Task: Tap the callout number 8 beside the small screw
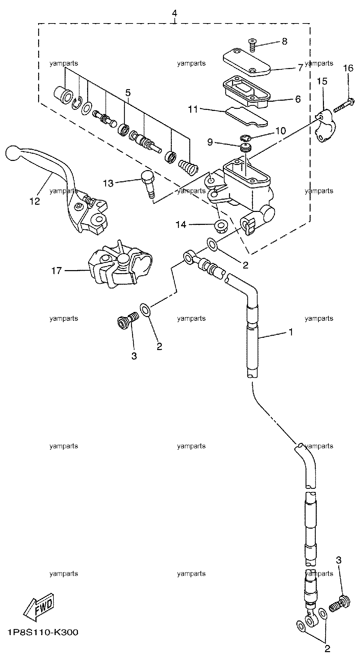coord(284,42)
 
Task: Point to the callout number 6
coord(298,99)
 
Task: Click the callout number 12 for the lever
coord(35,201)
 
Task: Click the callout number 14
coord(181,225)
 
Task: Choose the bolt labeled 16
coord(345,105)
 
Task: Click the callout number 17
coord(56,271)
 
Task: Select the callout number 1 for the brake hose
coord(291,332)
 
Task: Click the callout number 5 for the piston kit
coord(128,93)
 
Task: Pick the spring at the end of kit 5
coord(188,166)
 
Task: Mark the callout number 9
coord(210,142)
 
